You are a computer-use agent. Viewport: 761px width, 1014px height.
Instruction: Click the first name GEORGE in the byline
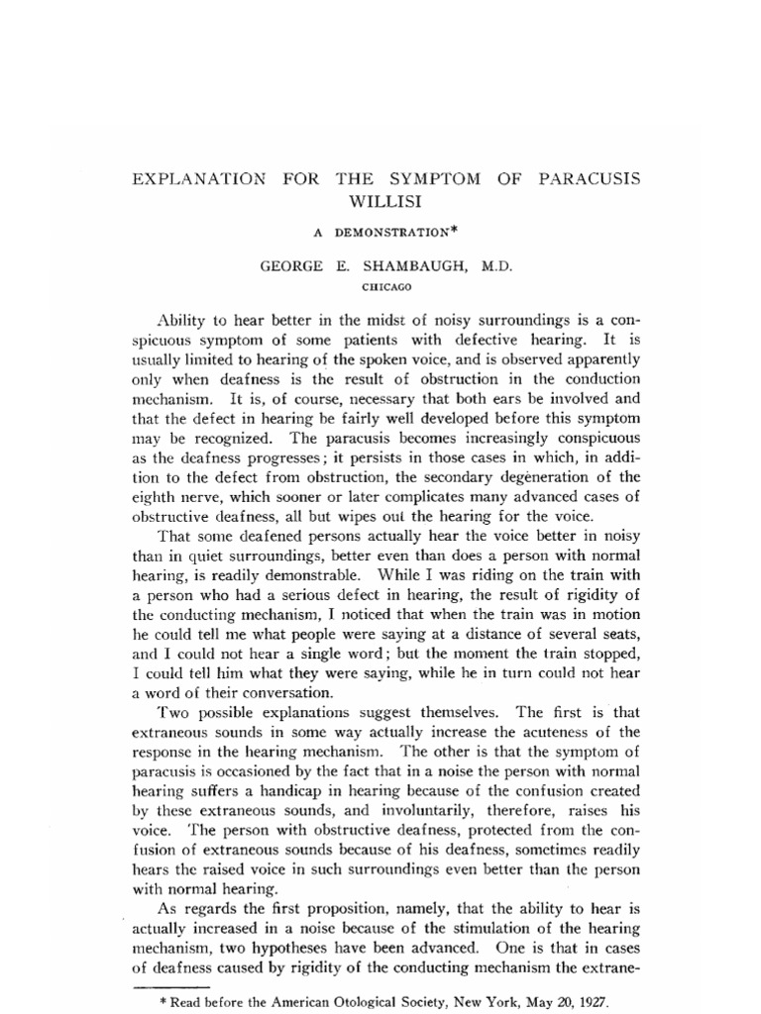(x=288, y=267)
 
